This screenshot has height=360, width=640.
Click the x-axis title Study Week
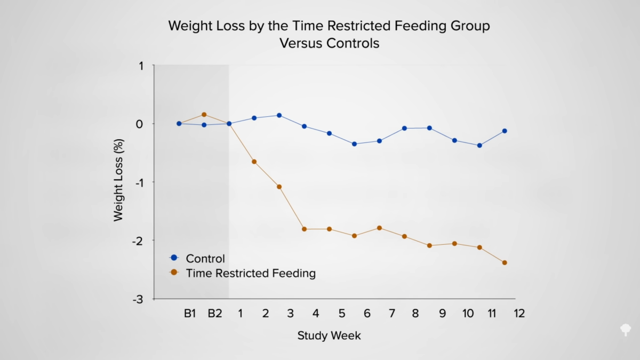coord(329,335)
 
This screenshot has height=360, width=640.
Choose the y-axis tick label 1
coord(141,66)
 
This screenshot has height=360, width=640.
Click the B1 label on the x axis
coord(190,314)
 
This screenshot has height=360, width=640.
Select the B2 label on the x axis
coord(215,314)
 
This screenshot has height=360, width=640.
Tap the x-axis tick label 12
coord(519,314)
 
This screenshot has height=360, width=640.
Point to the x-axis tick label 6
coord(367,314)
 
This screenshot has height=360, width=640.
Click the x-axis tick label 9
coord(442,314)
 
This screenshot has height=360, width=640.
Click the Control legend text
coord(205,259)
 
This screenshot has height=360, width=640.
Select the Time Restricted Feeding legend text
coord(251,274)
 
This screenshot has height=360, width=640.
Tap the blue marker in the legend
coord(173,258)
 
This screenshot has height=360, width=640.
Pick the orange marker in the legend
coord(173,273)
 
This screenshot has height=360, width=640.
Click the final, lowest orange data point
coord(505,262)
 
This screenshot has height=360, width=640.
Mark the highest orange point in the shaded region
coord(204,115)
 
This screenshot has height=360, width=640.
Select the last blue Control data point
coord(505,131)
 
